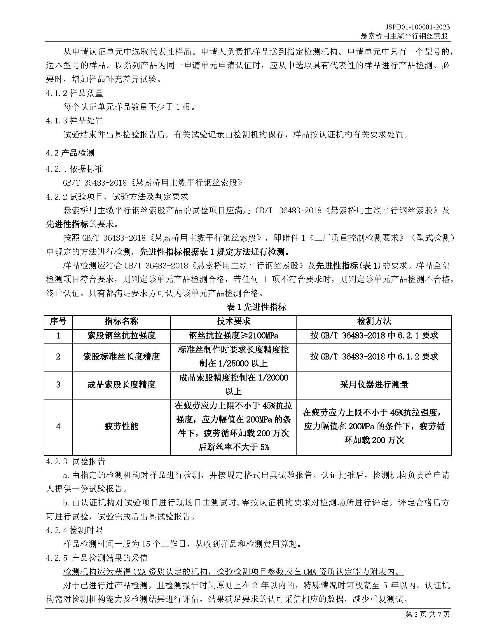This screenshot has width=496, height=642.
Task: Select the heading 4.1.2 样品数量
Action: tap(74, 93)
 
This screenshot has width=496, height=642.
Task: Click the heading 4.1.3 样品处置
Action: tap(74, 121)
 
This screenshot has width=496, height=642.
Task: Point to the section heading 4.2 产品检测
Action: tap(70, 153)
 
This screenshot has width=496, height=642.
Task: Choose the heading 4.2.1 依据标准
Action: tap(74, 169)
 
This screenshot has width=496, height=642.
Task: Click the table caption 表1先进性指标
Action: tap(256, 307)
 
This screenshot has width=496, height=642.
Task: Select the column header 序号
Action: tap(58, 321)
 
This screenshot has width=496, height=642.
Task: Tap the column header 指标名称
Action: tap(121, 321)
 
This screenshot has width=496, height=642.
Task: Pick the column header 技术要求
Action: tap(233, 321)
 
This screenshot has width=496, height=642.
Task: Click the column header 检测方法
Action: tap(374, 321)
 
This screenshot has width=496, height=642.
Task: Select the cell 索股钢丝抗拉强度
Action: tap(121, 335)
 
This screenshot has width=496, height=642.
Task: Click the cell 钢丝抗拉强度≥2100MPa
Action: tap(233, 335)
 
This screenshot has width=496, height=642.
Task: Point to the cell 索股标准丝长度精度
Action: tap(121, 357)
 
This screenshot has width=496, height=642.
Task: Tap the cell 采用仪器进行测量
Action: tap(374, 385)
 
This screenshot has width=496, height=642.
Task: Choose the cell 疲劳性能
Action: tap(121, 426)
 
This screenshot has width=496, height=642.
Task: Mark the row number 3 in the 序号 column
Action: tap(58, 385)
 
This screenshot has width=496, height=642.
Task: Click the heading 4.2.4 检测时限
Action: tap(74, 530)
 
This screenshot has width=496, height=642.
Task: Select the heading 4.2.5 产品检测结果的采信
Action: tap(97, 558)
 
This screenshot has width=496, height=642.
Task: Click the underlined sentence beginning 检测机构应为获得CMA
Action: tap(233, 572)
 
